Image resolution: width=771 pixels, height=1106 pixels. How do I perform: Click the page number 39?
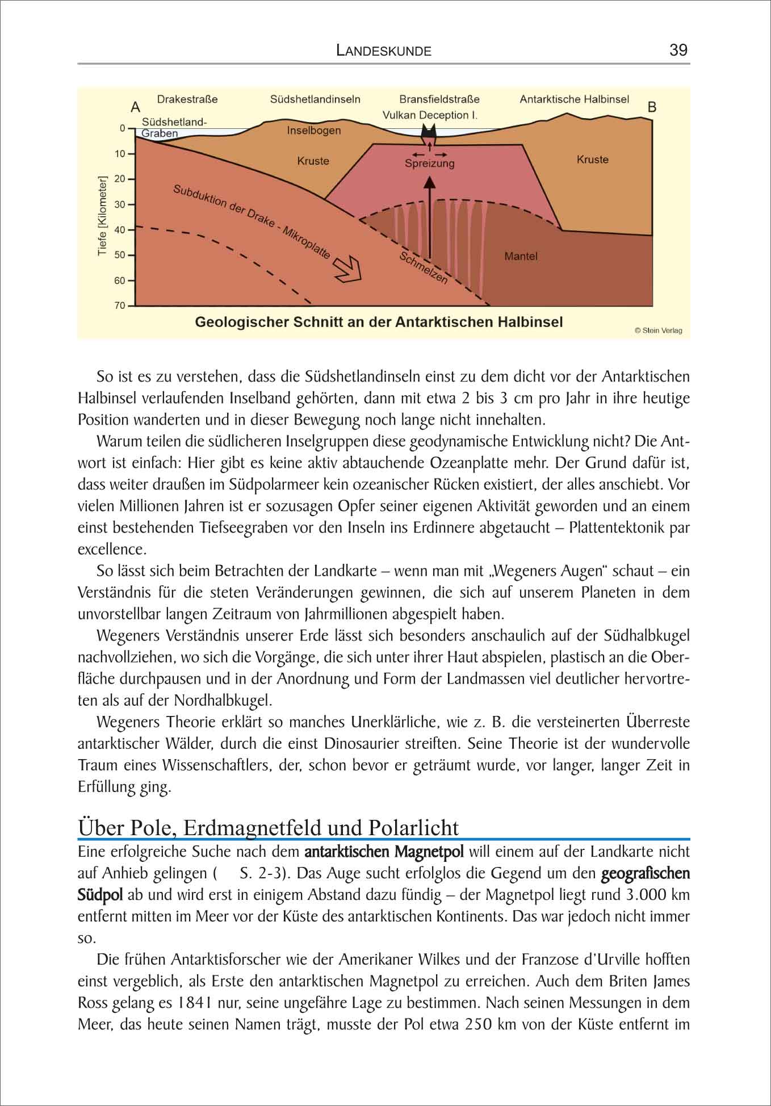coord(678,50)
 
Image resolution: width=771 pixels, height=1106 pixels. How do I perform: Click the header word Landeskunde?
coord(384,51)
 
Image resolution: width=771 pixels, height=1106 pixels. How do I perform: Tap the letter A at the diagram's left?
coord(135,107)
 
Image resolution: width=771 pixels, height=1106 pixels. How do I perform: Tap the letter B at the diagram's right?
coord(652,107)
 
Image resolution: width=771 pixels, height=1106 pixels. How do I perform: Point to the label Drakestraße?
coord(187,99)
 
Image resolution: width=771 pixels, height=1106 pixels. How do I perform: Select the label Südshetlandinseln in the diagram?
coord(315,99)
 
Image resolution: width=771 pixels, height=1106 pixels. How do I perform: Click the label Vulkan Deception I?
coord(430,115)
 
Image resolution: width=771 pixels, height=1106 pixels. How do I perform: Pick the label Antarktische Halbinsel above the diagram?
coord(574,99)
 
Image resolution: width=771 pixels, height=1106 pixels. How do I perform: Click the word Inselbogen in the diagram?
coord(314,131)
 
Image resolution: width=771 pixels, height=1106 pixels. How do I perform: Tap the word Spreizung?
coord(430,164)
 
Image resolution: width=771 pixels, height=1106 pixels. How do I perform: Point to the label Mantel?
coord(521,257)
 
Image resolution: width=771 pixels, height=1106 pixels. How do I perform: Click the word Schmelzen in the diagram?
coord(423,268)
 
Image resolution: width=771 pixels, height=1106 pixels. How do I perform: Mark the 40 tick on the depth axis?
coord(120,230)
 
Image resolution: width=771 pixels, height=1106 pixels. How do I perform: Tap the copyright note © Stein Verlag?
coord(658,330)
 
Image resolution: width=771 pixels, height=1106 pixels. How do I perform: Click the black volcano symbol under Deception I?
coord(428,137)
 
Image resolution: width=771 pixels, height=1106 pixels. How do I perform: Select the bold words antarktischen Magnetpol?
coord(384,852)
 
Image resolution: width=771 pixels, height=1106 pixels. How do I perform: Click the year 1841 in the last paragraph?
coord(196,1003)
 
